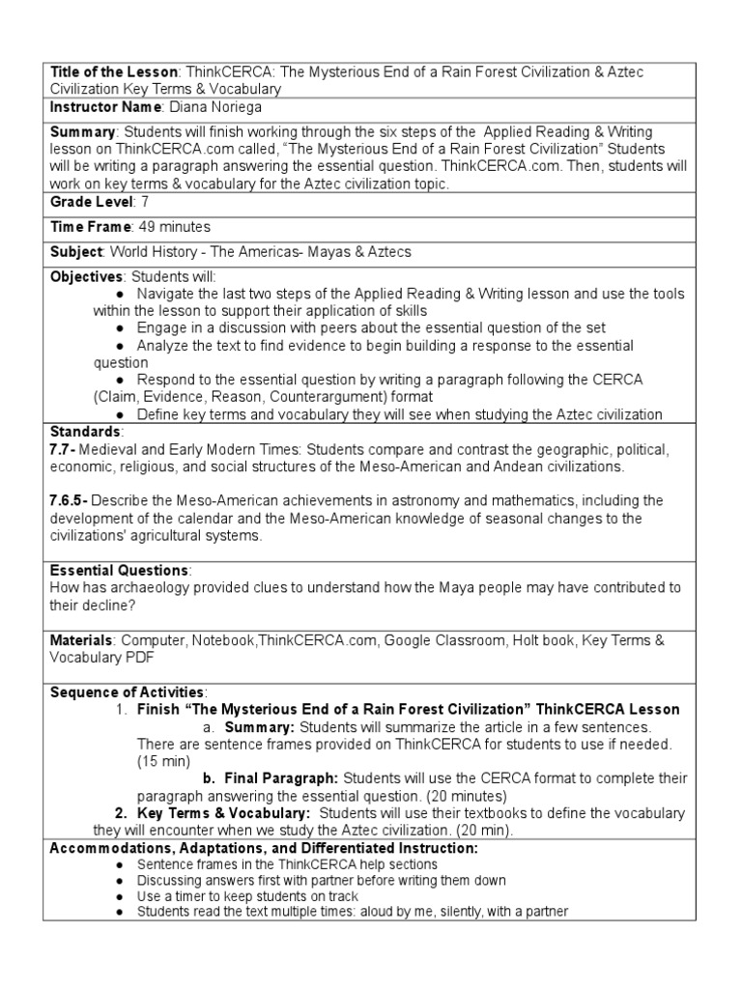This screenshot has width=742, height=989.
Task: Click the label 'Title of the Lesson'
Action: click(x=113, y=72)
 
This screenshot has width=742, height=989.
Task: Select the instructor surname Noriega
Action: click(x=233, y=107)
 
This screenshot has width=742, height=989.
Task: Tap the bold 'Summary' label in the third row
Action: click(x=82, y=132)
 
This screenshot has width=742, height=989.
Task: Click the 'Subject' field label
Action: click(x=76, y=252)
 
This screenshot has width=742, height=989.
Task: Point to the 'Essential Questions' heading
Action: click(x=120, y=570)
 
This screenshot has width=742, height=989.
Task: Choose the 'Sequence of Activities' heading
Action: click(x=127, y=692)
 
